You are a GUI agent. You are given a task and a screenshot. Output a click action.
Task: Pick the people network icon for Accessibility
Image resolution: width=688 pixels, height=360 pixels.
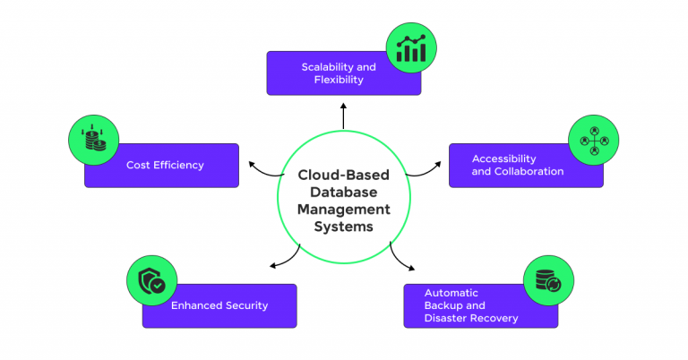(x=594, y=140)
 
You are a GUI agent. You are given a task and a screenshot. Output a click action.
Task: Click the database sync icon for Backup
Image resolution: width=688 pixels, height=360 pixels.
(x=548, y=279)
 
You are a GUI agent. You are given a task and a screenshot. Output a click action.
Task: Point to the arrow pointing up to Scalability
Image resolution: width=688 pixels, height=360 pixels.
(x=343, y=115)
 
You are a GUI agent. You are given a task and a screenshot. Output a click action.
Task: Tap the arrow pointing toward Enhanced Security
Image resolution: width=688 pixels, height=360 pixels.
(x=284, y=259)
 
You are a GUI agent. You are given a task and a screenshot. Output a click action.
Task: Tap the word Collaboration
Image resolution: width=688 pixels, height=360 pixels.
(x=529, y=171)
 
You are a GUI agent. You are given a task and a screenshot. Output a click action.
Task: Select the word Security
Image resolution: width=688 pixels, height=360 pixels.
(x=245, y=305)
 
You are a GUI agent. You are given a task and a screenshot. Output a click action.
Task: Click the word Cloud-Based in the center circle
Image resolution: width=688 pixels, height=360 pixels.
(x=344, y=176)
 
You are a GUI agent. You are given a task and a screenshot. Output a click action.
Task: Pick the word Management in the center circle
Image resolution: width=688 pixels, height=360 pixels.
(x=344, y=210)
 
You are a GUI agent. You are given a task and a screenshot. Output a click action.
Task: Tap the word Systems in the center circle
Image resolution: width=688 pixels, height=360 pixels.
(x=344, y=227)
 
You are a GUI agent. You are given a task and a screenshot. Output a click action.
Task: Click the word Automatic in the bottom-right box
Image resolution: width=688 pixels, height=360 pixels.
(x=451, y=293)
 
